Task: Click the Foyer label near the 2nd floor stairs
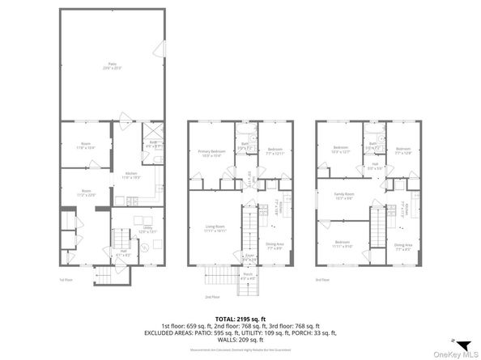(x=249, y=258)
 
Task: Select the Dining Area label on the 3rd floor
(x=404, y=246)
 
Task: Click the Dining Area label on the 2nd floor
(x=275, y=246)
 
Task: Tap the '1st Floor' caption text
(x=66, y=280)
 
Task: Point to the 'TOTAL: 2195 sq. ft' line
(x=240, y=319)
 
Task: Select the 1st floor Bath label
(x=154, y=144)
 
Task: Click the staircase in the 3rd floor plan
(x=377, y=231)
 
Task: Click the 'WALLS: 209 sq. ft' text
(x=240, y=339)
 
